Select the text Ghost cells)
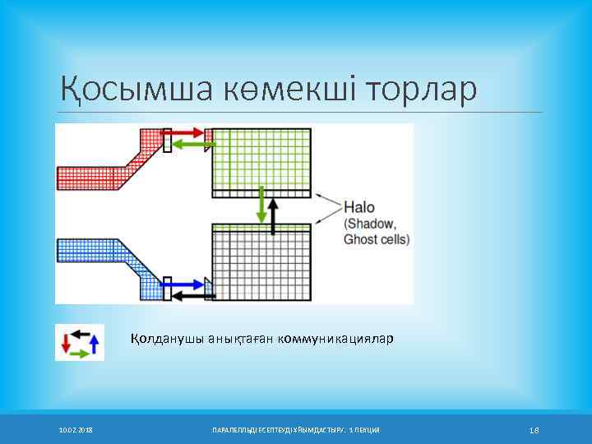tap(376, 239)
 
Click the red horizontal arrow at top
tap(188, 132)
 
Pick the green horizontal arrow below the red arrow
tap(194, 145)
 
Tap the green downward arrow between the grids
tap(261, 205)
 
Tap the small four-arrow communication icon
tap(80, 342)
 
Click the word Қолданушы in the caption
tap(161, 339)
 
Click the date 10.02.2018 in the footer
tap(76, 430)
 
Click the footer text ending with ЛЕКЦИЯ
tap(296, 430)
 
